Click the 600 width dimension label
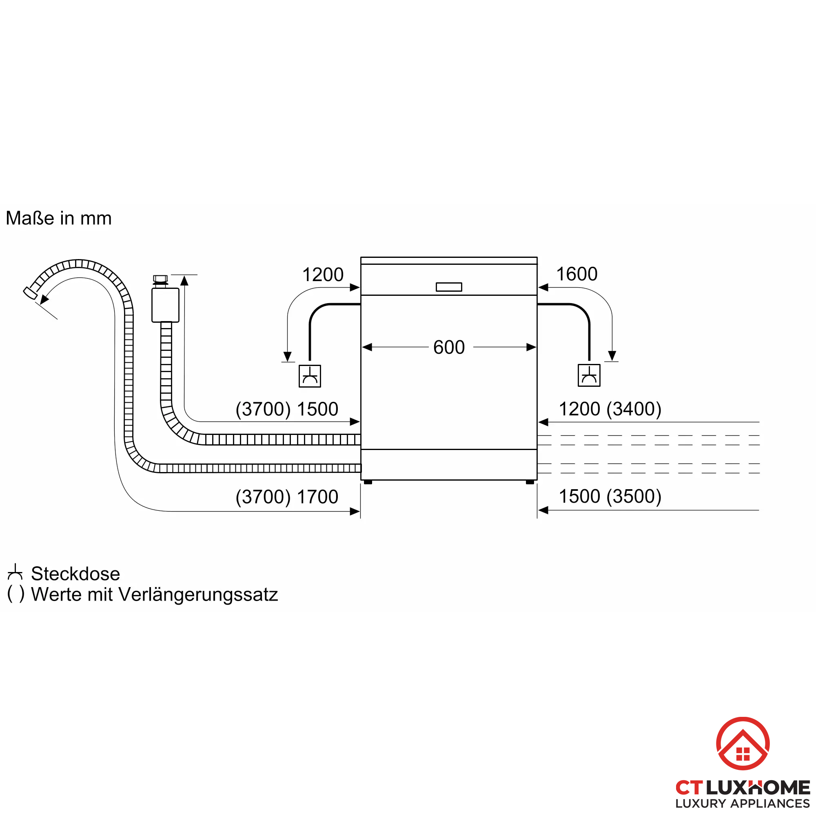coord(448,347)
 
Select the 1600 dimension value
coord(577,274)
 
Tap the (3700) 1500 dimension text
coord(287,409)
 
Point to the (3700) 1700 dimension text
coord(287,497)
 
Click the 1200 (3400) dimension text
coord(610,408)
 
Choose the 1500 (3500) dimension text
coord(610,496)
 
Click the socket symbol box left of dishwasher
coord(310,376)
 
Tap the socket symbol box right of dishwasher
coord(589,375)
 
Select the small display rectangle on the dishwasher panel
coord(448,287)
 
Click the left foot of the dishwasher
coord(368,482)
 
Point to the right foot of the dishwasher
coord(530,482)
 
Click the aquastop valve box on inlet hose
coord(165,305)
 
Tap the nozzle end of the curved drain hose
coord(29,293)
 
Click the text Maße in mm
coord(59,218)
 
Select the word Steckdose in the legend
coord(75,574)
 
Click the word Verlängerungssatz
coord(198,594)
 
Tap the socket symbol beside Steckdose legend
coord(15,572)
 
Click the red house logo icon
coord(743,743)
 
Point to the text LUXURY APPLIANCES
coord(743,803)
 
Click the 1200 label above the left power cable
coord(323,275)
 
